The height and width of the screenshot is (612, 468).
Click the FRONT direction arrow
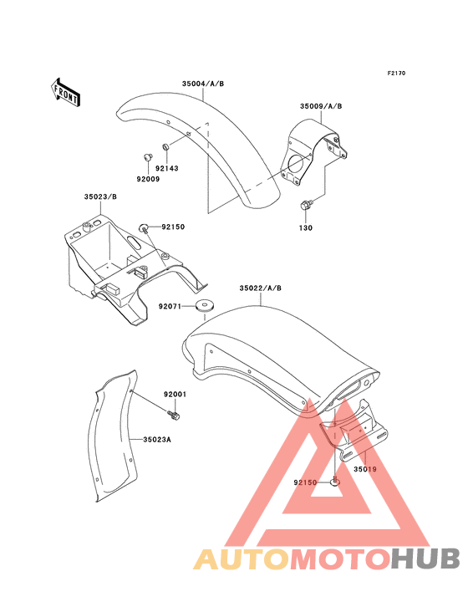pos(65,93)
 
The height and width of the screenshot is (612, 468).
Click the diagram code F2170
pos(396,73)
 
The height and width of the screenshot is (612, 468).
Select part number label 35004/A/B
pos(203,84)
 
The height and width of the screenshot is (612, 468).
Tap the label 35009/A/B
pos(321,106)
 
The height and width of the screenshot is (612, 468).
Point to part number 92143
pos(167,168)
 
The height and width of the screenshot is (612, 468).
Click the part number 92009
pos(148,179)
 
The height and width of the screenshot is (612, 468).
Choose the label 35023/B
pos(100,196)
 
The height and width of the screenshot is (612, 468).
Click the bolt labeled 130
pos(306,205)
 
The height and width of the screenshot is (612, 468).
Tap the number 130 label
pos(306,227)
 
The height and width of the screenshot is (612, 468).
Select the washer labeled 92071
pos(205,306)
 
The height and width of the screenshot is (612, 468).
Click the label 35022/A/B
pos(260,288)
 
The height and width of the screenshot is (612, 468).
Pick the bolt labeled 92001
pos(174,416)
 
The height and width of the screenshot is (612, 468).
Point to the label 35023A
pos(157,440)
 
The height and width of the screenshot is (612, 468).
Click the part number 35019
pos(365,469)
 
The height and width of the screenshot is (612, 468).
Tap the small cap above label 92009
pos(147,157)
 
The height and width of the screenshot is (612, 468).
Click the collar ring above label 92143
pos(166,147)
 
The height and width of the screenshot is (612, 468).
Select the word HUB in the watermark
pos(426,558)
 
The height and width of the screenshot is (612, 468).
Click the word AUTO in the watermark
pos(242,559)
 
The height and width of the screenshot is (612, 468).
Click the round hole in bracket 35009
pos(298,164)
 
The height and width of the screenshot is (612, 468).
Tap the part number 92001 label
pos(175,395)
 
